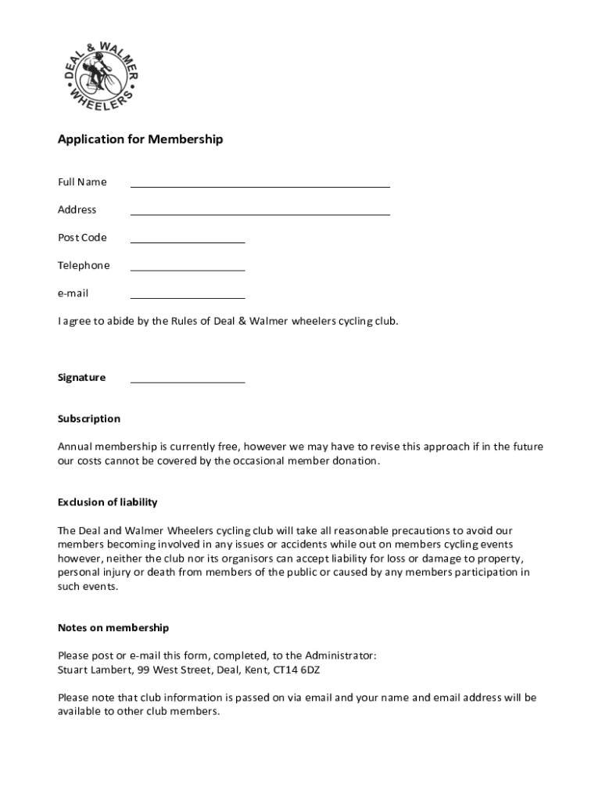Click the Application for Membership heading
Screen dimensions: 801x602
140,139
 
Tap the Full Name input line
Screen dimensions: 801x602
260,185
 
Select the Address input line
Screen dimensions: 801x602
260,213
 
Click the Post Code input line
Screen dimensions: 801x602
188,241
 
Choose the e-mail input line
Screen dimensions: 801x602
188,296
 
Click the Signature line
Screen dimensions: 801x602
188,381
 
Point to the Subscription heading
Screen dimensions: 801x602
89,418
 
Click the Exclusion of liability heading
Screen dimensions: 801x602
107,502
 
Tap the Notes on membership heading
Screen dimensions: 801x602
113,628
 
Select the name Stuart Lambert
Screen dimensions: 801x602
89,670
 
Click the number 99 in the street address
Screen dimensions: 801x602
143,670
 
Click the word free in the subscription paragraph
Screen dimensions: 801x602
228,447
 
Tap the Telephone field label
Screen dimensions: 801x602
84,265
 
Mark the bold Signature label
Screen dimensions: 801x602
81,378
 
